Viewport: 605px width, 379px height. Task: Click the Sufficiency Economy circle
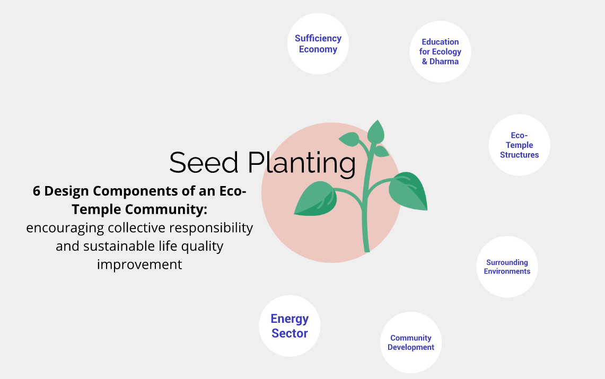(x=318, y=43)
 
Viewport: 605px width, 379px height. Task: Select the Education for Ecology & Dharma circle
(x=440, y=51)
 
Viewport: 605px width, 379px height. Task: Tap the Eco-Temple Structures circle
(x=519, y=145)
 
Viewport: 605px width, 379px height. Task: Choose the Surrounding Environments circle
(x=507, y=267)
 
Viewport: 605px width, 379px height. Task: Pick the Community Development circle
(x=411, y=342)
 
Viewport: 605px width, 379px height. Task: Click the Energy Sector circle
(x=290, y=326)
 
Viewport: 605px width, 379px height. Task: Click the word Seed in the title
(x=204, y=163)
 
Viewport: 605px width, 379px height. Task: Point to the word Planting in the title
(x=302, y=164)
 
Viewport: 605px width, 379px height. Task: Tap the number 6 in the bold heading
(x=37, y=191)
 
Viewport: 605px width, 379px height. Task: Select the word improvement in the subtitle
(x=139, y=265)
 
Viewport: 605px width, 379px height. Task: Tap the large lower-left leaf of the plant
(x=316, y=199)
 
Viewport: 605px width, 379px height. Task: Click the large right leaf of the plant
(x=409, y=190)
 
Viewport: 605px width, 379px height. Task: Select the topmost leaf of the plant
(x=376, y=132)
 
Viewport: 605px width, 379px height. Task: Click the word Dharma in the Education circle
(x=444, y=61)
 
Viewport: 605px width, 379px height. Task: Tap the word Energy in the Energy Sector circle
(x=290, y=319)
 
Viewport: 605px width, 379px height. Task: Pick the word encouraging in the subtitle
(x=65, y=228)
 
